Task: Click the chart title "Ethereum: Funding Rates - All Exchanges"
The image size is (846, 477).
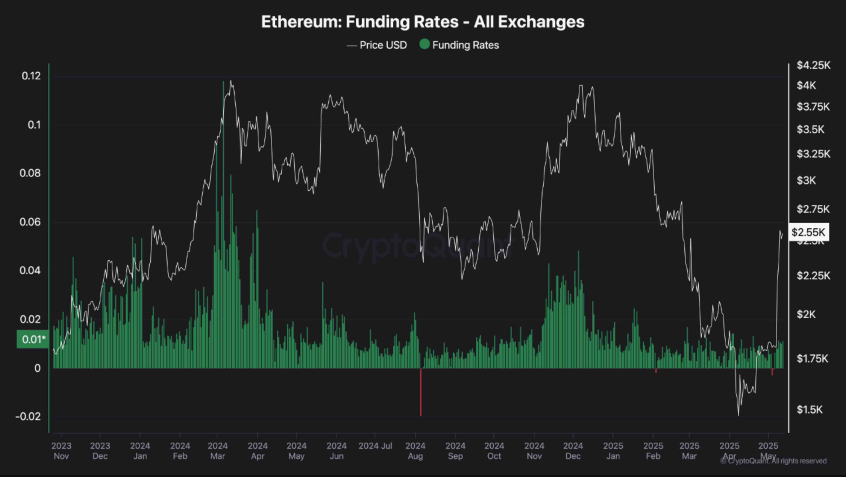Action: click(423, 22)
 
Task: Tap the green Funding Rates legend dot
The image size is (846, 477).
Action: click(424, 44)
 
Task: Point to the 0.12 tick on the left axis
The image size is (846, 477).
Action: click(31, 76)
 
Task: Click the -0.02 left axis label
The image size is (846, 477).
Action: click(28, 416)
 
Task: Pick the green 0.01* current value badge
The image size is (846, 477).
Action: click(33, 339)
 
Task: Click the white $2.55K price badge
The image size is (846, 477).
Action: click(808, 232)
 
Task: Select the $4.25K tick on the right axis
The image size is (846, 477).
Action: click(813, 65)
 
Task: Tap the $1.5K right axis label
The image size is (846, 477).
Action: click(810, 410)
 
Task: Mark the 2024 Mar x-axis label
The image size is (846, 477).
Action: click(218, 451)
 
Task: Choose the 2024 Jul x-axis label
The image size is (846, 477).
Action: click(375, 446)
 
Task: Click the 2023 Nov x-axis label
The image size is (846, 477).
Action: click(61, 451)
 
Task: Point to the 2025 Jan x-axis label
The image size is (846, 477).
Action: click(613, 451)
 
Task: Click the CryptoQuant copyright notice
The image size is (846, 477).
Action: click(773, 461)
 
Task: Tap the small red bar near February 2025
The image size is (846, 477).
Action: click(656, 371)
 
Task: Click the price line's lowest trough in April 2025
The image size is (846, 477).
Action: click(739, 414)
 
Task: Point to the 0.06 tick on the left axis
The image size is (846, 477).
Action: click(30, 222)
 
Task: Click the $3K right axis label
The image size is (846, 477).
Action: click(806, 181)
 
